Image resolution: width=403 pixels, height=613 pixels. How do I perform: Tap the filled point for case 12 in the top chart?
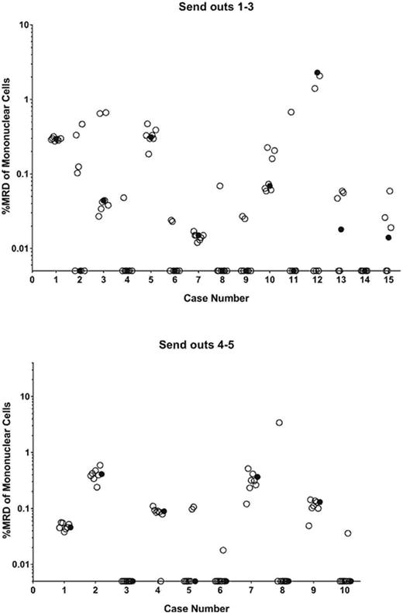coord(317,72)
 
